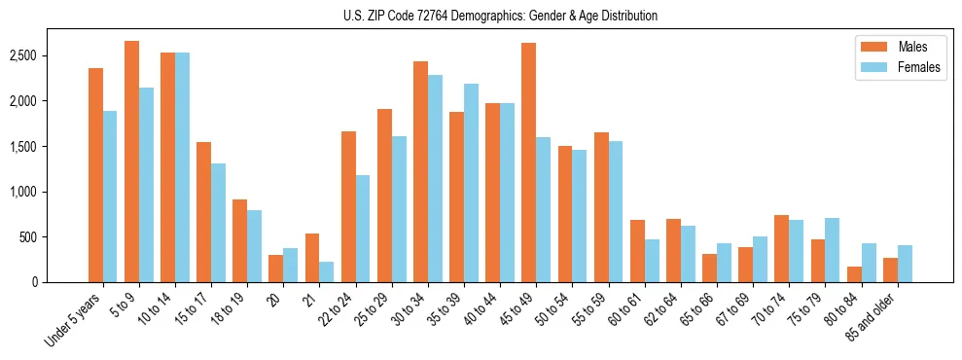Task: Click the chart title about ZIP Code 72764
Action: click(500, 16)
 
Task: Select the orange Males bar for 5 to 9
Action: click(131, 162)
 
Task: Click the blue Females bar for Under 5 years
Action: click(110, 197)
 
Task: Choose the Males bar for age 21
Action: click(312, 258)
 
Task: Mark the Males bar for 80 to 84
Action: click(854, 274)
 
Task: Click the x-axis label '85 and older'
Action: click(873, 319)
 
